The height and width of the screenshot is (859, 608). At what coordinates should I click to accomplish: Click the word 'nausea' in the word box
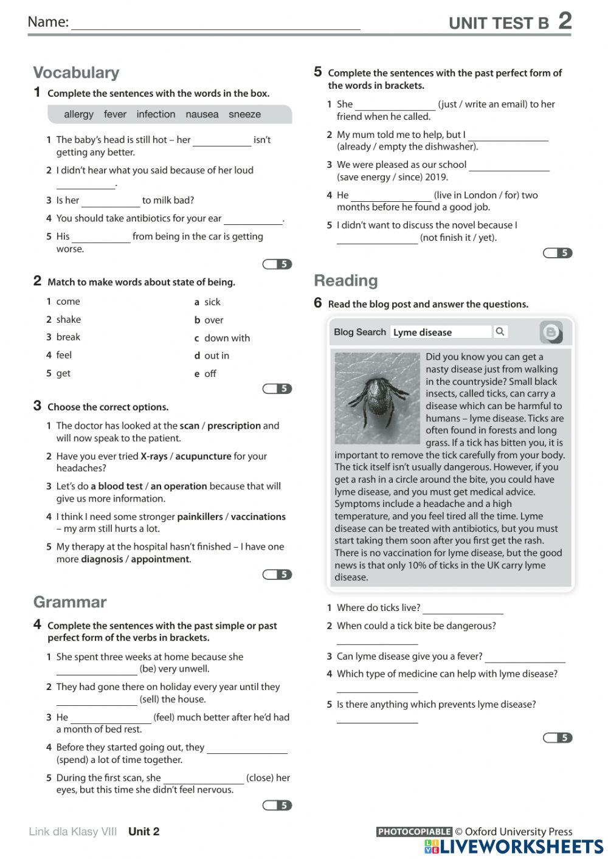(202, 114)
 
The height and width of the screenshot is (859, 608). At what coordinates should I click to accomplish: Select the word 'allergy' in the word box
(78, 114)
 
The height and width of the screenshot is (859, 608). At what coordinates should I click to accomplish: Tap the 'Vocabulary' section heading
(76, 72)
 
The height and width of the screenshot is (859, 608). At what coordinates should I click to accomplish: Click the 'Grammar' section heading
(69, 602)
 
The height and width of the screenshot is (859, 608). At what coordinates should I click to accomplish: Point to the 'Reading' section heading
(345, 280)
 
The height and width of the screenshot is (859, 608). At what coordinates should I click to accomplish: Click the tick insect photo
(377, 398)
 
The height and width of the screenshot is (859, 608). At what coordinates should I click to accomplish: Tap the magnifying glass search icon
(500, 331)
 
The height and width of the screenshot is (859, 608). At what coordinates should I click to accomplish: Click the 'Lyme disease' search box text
(423, 332)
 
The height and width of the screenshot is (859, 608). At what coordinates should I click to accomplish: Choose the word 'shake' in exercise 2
(68, 319)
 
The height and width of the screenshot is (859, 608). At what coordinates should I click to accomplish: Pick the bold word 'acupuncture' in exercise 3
(203, 456)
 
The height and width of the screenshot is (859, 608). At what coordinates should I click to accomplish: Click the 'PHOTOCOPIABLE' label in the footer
(414, 832)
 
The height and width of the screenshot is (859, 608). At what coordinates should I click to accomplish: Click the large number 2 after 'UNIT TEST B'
(565, 21)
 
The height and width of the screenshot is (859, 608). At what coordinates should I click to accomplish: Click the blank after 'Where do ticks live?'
(463, 609)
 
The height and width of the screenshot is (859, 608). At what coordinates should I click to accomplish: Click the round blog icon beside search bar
(551, 332)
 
